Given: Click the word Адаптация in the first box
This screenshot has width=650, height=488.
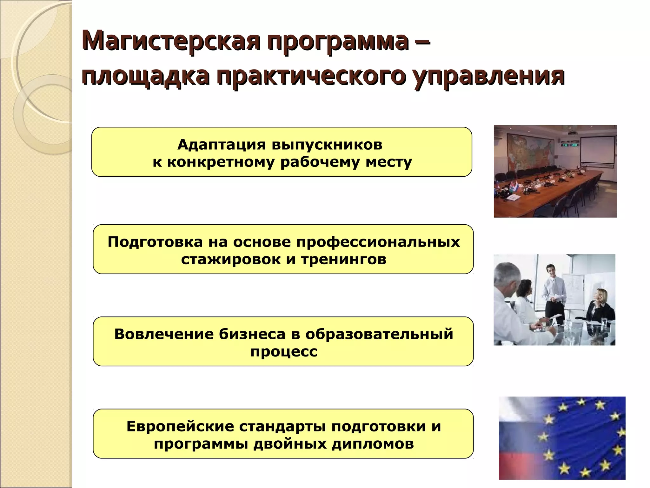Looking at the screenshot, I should [221, 145].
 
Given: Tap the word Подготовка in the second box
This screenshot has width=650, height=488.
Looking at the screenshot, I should [155, 242].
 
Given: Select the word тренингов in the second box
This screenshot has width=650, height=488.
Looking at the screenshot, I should [343, 259].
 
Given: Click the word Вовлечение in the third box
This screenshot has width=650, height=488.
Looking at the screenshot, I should [164, 334].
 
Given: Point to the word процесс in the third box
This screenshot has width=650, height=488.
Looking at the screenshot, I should [283, 351].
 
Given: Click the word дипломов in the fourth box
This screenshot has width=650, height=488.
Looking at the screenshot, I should [373, 444].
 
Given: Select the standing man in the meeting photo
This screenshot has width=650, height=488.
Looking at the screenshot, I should [554, 292].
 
